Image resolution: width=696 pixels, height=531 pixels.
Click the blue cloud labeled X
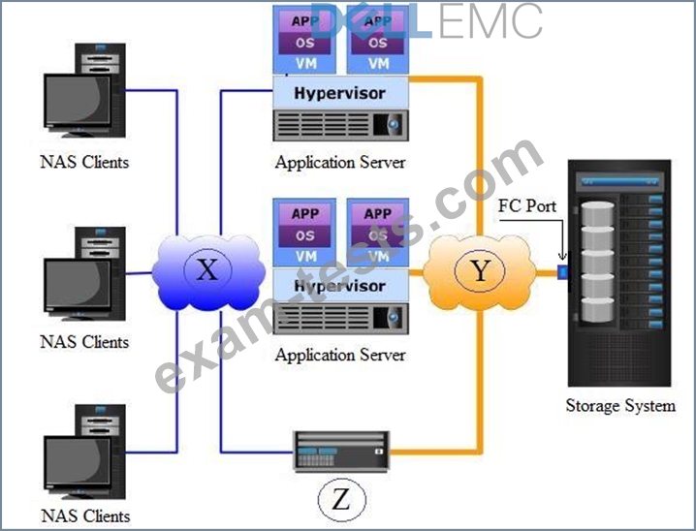click(208, 271)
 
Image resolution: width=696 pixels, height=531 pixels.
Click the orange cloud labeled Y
click(480, 271)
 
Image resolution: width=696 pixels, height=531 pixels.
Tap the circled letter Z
click(341, 500)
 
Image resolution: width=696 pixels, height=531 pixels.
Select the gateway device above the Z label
click(341, 452)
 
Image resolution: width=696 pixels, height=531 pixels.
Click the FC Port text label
click(527, 205)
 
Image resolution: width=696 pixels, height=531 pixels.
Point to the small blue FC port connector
click(562, 272)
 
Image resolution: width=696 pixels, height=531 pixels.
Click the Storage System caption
click(620, 405)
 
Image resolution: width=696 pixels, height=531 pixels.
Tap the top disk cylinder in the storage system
click(597, 213)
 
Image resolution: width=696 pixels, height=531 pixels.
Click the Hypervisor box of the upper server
click(340, 93)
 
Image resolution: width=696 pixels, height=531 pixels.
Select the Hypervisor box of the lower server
click(340, 285)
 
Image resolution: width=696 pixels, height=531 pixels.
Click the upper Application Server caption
click(340, 163)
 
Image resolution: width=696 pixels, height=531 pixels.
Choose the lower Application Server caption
click(340, 355)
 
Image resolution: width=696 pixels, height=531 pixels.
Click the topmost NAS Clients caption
click(84, 162)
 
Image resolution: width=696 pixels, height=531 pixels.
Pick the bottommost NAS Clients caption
click(85, 515)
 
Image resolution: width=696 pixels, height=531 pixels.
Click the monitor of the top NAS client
click(79, 101)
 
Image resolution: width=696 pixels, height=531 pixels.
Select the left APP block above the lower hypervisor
click(304, 214)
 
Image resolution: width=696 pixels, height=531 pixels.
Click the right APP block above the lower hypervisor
click(378, 214)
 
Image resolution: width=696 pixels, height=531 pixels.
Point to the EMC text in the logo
click(488, 21)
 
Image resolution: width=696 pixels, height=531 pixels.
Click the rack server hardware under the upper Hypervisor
click(340, 125)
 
